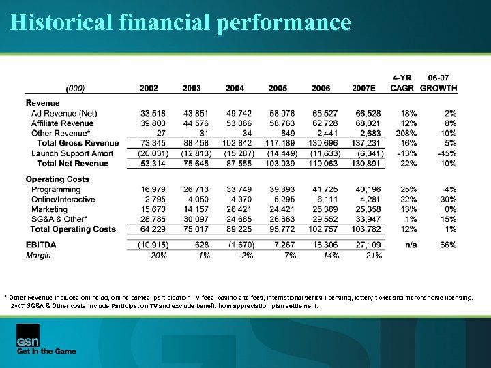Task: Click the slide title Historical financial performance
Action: tap(180, 22)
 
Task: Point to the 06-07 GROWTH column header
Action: tap(438, 83)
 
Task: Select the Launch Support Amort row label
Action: tap(72, 153)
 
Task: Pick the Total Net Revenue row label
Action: tap(72, 164)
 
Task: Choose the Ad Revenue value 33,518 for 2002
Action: tap(152, 113)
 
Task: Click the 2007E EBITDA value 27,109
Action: tap(368, 244)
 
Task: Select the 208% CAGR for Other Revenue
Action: tap(407, 134)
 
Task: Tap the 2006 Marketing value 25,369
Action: tap(325, 209)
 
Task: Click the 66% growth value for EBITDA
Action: tap(447, 244)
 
